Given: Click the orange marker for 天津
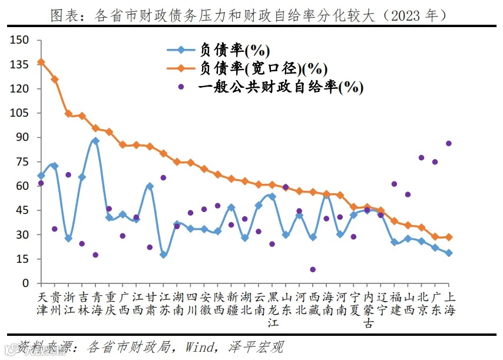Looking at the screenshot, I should [41, 62].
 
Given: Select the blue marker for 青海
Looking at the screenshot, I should [95, 141].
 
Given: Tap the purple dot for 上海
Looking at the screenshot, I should [449, 143].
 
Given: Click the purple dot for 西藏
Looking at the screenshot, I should [313, 269].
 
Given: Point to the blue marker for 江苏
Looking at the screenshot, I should [163, 255].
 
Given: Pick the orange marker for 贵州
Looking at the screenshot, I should [55, 79].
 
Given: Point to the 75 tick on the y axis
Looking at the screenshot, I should [24, 162].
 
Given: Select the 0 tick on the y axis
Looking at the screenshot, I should [27, 283].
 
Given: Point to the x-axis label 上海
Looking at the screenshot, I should [449, 302].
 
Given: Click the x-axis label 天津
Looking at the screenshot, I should [41, 302].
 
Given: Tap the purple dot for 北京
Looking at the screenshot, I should [421, 157].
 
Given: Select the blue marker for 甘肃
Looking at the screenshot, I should [150, 186].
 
